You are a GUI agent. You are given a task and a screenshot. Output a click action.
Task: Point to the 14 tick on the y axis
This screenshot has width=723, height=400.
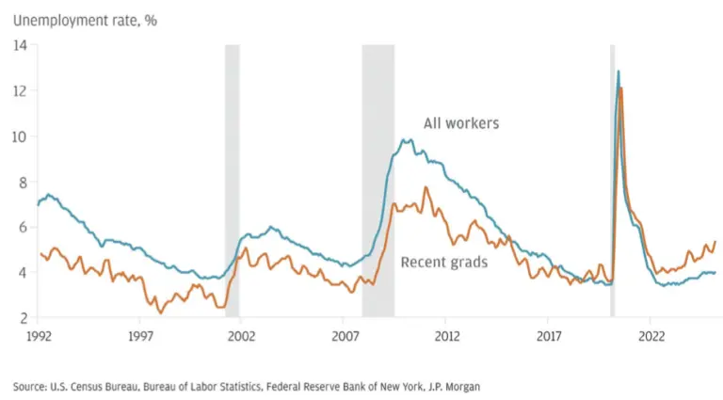(x=22, y=44)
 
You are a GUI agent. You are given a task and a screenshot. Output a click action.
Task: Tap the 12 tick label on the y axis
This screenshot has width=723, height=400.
(x=22, y=90)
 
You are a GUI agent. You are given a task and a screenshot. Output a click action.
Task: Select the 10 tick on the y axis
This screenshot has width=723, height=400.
(x=22, y=136)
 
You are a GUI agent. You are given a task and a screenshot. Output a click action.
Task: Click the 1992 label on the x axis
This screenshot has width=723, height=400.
(x=38, y=334)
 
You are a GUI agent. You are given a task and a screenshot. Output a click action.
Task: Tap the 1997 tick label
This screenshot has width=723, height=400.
(x=140, y=334)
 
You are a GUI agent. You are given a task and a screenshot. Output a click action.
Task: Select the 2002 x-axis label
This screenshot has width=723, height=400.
(x=242, y=334)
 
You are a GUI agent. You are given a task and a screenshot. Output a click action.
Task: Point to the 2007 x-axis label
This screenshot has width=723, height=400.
(x=345, y=334)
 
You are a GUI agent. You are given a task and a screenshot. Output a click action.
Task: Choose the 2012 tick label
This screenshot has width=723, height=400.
(x=447, y=334)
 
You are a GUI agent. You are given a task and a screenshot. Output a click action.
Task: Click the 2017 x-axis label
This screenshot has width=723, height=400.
(x=550, y=334)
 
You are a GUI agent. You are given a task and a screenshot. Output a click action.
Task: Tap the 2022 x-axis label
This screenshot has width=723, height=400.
(x=652, y=334)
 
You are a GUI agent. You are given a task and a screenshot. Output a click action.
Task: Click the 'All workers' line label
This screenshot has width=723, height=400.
(x=460, y=122)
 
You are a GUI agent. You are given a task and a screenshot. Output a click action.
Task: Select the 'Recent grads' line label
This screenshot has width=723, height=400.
(x=444, y=262)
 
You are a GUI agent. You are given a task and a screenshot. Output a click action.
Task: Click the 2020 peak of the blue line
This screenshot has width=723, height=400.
(x=618, y=72)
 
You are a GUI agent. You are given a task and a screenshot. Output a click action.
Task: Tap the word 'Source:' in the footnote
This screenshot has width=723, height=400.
(x=32, y=386)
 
